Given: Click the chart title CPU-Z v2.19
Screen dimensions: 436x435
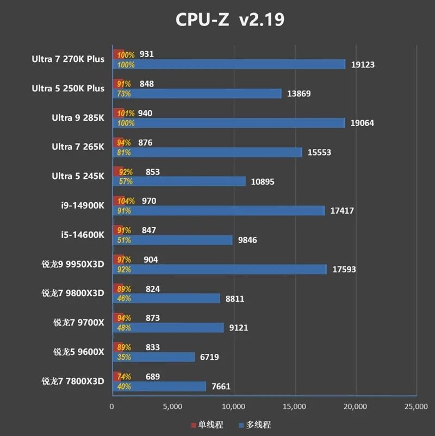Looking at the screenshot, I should point(229,20).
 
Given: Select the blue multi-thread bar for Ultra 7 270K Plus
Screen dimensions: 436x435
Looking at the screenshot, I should point(228,64).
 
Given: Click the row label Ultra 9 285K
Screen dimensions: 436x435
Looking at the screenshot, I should point(78,117).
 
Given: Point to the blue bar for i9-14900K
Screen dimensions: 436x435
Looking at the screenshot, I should point(218,211).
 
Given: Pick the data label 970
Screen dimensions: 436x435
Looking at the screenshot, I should point(148,201).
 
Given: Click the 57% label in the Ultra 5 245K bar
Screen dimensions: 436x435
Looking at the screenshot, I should point(126,182).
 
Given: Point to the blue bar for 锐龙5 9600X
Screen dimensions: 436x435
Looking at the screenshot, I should point(153,357).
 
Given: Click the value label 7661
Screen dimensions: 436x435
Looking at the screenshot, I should point(222,387).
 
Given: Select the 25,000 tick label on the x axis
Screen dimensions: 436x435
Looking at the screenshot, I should point(415,406).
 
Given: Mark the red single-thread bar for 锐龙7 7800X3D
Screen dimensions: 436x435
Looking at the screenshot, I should point(117,376).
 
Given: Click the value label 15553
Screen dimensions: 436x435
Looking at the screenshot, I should point(319,153).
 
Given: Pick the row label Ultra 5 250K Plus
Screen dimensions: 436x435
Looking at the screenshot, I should point(68,89).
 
